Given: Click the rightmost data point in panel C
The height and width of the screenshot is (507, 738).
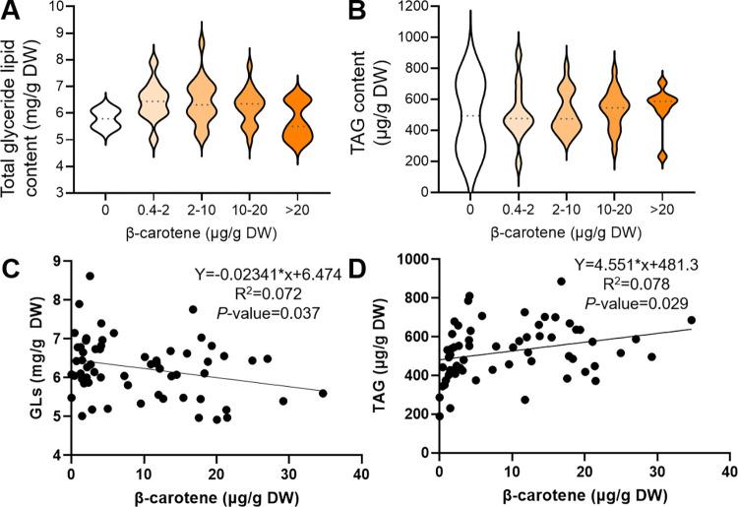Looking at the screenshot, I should click(x=323, y=393).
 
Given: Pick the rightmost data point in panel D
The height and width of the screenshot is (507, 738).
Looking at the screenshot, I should click(x=692, y=320).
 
